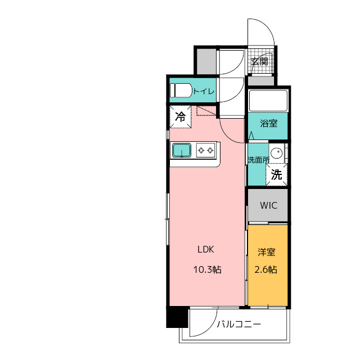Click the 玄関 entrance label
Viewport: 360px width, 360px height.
259,61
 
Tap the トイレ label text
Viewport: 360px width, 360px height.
204,91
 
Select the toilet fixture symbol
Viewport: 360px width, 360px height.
181,90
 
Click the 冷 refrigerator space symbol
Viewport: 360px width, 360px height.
180,116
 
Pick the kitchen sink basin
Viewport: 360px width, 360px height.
182,150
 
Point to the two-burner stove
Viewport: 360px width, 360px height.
206,150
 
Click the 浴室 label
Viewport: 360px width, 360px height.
269,124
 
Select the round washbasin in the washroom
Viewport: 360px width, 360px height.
276,152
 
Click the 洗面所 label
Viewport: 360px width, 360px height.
258,160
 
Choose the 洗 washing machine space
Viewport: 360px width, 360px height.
276,174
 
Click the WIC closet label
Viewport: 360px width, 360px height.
269,205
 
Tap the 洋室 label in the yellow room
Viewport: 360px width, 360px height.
266,252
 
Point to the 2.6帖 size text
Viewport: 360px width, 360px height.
265,269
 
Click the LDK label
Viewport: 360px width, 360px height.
206,249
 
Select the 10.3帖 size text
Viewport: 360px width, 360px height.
208,269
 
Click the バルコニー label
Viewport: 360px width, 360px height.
238,324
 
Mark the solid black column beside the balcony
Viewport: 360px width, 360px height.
177,317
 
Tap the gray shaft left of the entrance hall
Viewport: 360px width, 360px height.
206,61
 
